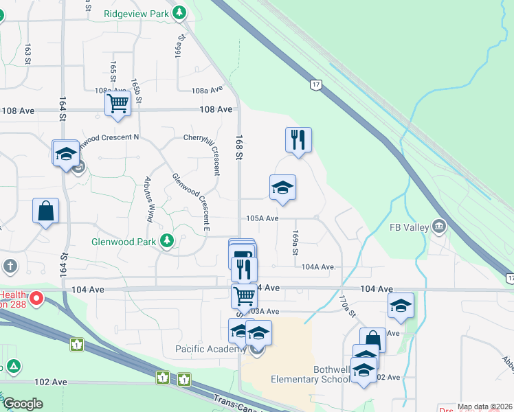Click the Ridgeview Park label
[136, 13]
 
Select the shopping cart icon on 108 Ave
[118, 104]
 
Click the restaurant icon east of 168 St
[298, 140]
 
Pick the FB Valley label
[409, 227]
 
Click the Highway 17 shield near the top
[315, 84]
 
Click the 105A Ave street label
[262, 218]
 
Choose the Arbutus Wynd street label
[148, 200]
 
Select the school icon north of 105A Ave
[282, 187]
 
